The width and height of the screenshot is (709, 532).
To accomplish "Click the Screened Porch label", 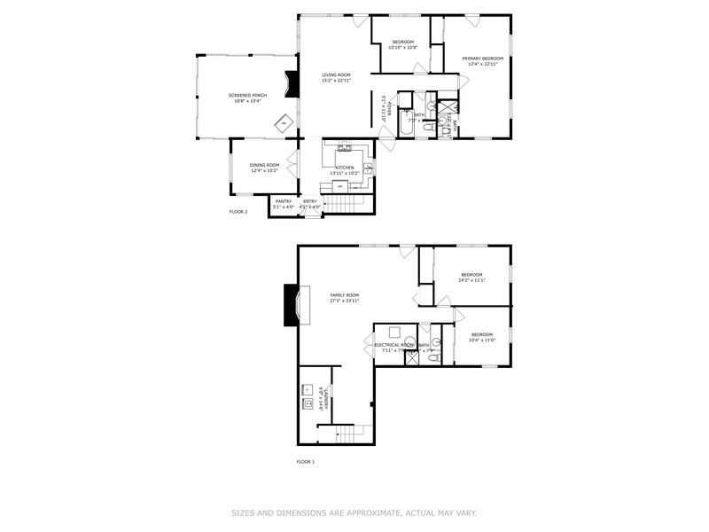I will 247,95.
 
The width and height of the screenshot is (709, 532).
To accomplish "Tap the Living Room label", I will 336,74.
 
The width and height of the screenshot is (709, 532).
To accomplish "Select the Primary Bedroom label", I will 482,59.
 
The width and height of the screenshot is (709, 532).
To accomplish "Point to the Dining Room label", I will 264,165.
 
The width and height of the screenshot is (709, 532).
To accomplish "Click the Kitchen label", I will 345,168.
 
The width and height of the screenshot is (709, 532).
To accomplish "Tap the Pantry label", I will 284,201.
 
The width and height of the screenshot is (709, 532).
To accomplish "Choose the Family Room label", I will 345,295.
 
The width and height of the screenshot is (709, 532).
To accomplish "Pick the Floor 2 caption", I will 238,212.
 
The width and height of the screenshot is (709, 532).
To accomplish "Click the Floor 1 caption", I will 305,462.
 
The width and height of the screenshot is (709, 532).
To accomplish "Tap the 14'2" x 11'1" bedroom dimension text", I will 471,280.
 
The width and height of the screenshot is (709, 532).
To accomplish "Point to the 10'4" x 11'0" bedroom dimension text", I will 481,340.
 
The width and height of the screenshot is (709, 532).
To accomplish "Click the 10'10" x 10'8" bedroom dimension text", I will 403,48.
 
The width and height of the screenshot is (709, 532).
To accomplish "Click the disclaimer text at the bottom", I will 354,512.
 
